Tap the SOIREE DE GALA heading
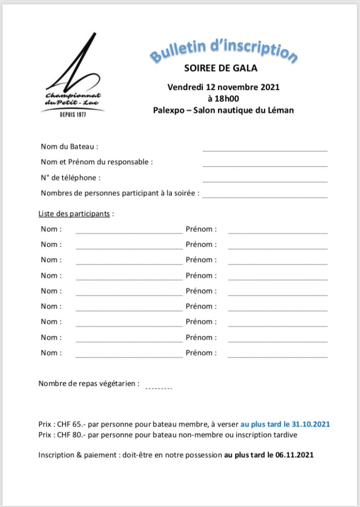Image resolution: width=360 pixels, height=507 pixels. click(x=220, y=68)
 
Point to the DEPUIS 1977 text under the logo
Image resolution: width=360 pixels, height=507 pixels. click(x=72, y=114)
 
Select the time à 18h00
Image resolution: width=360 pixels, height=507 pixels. click(x=223, y=99)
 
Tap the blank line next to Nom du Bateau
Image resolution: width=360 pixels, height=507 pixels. click(x=265, y=150)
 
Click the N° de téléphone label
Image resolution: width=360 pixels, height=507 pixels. click(x=71, y=177)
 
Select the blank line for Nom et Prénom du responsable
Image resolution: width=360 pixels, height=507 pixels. click(x=265, y=165)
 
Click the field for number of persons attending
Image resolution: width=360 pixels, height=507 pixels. click(x=265, y=197)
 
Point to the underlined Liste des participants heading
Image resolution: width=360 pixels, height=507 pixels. click(x=74, y=214)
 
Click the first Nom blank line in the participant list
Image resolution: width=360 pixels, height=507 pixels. click(x=129, y=232)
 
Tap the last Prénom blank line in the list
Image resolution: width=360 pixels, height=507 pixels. click(x=277, y=356)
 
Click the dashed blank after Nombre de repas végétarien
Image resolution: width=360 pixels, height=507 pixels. click(x=158, y=388)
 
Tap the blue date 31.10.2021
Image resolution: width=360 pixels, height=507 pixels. click(x=311, y=424)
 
